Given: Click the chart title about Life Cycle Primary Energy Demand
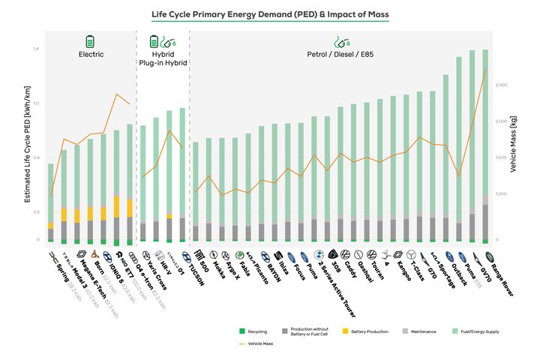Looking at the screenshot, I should coord(270,14).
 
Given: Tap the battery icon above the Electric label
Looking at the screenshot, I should coord(91,40).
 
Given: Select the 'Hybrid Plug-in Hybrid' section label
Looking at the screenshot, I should coord(162,58).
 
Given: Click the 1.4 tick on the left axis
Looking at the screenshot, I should coord(35,49).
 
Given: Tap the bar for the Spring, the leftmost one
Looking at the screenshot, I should coord(50,202).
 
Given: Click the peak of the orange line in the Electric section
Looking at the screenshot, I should coord(116,94).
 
